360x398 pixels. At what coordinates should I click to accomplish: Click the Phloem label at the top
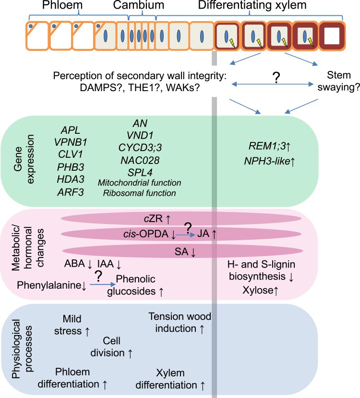[62, 5]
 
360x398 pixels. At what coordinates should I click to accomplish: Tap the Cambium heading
[138, 5]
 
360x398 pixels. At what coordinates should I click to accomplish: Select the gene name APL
[71, 130]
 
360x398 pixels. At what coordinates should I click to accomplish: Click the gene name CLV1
[71, 154]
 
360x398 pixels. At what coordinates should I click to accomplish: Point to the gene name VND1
[140, 136]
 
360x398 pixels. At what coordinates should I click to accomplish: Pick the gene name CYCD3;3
[140, 148]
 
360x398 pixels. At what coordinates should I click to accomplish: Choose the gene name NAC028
[140, 160]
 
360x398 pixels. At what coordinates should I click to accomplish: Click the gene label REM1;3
[267, 146]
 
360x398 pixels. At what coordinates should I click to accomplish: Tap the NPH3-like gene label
[267, 161]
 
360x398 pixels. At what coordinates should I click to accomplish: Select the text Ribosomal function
[140, 193]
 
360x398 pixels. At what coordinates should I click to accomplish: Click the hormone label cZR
[153, 218]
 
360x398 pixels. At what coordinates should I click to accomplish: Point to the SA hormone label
[181, 252]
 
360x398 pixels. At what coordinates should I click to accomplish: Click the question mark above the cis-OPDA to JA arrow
[188, 228]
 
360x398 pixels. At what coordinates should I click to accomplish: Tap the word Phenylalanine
[49, 285]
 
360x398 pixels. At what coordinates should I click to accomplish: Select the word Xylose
[258, 290]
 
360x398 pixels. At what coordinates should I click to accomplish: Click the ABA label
[74, 264]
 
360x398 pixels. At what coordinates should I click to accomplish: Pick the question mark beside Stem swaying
[276, 78]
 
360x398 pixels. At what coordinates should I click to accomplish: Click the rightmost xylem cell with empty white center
[332, 36]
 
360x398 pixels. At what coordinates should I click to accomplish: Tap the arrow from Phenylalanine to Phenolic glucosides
[103, 285]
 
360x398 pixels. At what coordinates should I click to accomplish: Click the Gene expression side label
[24, 159]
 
